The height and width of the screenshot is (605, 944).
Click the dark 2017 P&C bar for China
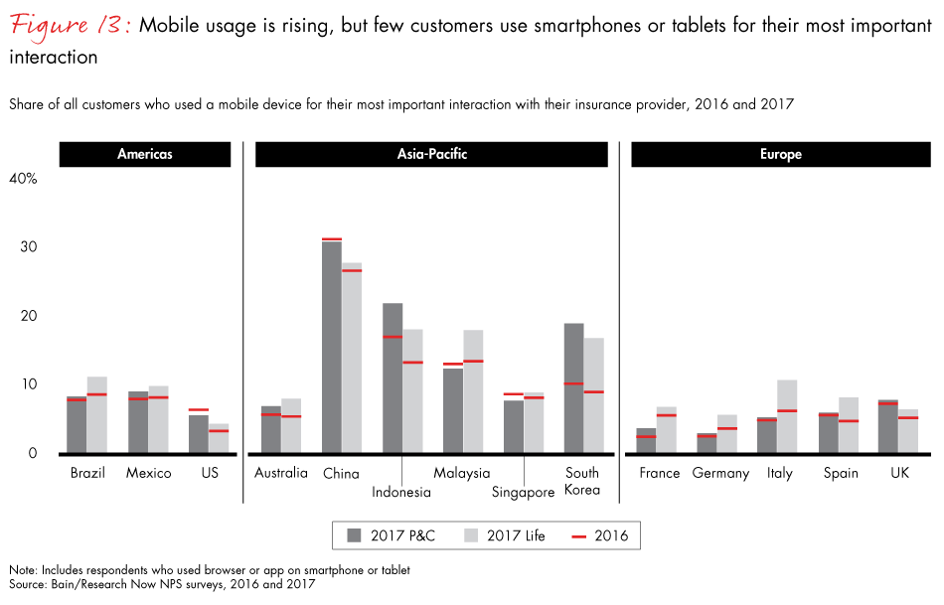pos(332,348)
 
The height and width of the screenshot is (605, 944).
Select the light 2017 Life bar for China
pos(352,358)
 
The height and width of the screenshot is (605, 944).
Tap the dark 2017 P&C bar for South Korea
pos(573,388)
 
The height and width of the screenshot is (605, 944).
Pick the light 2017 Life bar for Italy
pos(787,416)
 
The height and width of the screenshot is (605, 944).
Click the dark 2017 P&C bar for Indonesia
pos(393,378)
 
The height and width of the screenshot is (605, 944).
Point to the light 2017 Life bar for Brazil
pos(96,415)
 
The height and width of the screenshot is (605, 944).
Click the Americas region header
pos(145,155)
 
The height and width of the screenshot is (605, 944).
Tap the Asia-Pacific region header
pos(431,155)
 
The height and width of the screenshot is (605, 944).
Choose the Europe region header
pos(781,155)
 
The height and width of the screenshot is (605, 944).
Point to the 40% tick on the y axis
pos(23,179)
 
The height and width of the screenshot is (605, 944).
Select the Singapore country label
pos(523,492)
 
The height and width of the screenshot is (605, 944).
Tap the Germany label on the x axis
pos(720,473)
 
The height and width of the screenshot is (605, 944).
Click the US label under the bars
pos(209,473)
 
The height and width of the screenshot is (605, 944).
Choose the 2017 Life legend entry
pos(504,536)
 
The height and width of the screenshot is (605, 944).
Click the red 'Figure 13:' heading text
pos(71,25)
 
